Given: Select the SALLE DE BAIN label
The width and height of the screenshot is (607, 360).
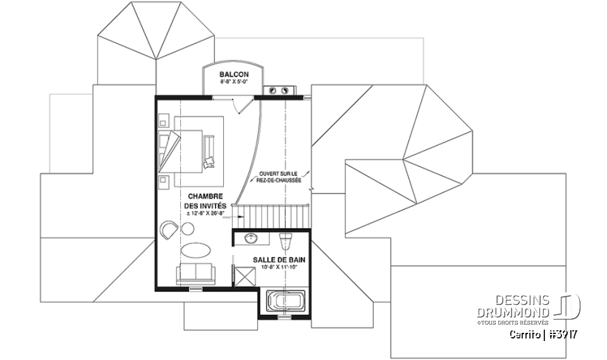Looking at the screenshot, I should click(x=275, y=260).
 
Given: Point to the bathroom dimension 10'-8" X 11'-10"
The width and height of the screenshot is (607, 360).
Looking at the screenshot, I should click(x=275, y=268).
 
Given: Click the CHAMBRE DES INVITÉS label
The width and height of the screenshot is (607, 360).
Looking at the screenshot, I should click(x=205, y=201).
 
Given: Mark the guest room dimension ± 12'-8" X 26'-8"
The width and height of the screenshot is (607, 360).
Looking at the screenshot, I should click(x=205, y=214).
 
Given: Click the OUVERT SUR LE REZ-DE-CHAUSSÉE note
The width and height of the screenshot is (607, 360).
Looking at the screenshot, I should click(x=279, y=177).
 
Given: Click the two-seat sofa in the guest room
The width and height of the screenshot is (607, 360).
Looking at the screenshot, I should click(x=196, y=274).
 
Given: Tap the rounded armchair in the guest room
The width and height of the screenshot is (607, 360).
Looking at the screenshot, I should click(x=169, y=229).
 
